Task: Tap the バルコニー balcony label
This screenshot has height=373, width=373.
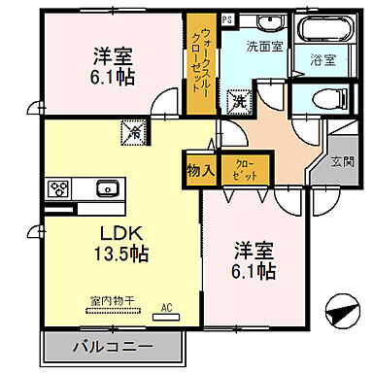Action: (x=115, y=346)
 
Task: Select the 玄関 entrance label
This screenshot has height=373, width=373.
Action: (x=342, y=161)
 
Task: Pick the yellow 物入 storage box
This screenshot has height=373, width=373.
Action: (x=200, y=170)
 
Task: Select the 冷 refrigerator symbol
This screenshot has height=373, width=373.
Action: (x=129, y=128)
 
